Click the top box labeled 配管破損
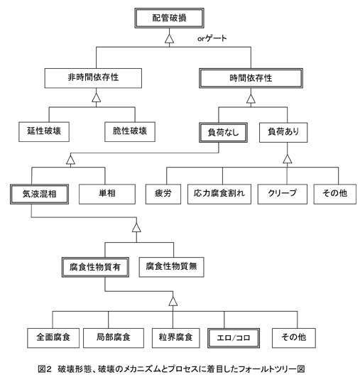169,18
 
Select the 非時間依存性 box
93,78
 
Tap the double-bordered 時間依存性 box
251,78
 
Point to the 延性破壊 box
44,132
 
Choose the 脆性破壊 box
130,132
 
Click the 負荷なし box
223,133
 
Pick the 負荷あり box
283,133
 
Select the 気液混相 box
40,194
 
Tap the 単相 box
107,194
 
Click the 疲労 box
163,194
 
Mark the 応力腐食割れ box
219,194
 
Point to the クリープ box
283,194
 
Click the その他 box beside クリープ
334,194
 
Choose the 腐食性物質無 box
171,267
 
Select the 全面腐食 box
53,338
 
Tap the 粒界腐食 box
176,338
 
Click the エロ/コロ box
234,338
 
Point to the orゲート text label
212,38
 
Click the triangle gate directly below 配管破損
169,39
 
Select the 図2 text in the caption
45,368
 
